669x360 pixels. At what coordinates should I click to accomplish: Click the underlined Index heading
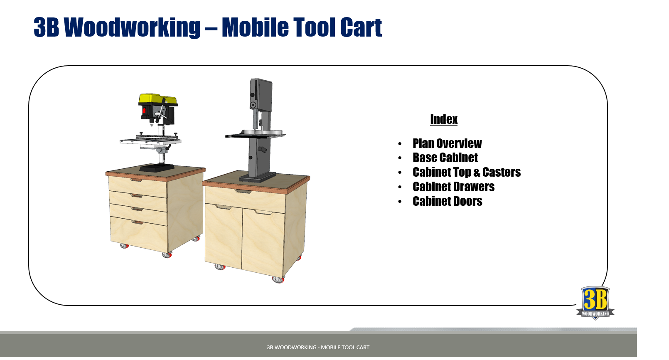[444, 119]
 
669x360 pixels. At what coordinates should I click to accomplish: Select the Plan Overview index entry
[447, 143]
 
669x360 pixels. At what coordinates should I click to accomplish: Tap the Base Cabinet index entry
[445, 158]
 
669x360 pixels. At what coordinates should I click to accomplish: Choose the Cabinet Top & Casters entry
[466, 172]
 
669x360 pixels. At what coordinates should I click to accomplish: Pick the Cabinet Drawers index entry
[453, 187]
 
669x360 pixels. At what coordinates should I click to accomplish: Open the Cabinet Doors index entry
[447, 201]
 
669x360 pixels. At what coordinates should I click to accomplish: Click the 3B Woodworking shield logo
[595, 303]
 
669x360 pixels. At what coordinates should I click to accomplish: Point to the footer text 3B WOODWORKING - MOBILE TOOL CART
[318, 348]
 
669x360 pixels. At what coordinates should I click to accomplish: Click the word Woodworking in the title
[132, 27]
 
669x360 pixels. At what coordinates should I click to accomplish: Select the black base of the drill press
[156, 168]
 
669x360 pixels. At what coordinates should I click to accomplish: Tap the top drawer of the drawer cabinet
[138, 185]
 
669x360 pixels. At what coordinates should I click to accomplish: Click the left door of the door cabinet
[224, 235]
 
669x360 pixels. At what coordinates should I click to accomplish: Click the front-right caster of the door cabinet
[278, 279]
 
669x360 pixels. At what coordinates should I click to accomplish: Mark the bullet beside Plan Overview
[400, 144]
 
